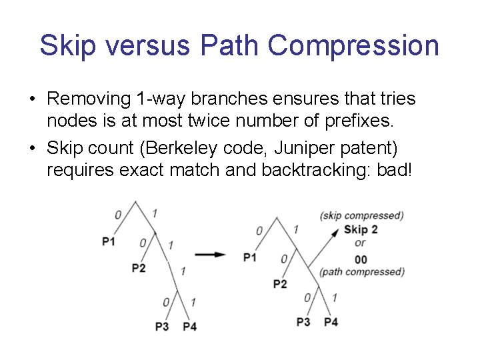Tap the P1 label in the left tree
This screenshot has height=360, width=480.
coord(109,241)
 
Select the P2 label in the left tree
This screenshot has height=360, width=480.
coord(139,268)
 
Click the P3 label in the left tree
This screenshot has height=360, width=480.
coord(161,326)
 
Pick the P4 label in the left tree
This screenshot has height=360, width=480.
coord(189,326)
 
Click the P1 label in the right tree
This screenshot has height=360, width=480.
coord(250,257)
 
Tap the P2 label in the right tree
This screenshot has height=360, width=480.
coord(280,284)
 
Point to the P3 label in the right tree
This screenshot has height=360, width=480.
coord(303,322)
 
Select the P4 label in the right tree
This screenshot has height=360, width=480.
coord(331,322)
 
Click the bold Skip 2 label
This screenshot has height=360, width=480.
coord(361,230)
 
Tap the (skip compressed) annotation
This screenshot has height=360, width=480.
coord(361,215)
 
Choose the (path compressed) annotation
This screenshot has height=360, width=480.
coord(361,272)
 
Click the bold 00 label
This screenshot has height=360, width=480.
coord(361,259)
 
